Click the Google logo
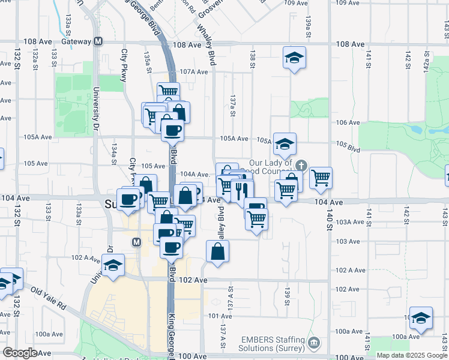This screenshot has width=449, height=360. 20,353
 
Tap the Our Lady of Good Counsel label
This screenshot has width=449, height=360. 270,167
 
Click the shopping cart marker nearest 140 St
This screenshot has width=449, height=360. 321,177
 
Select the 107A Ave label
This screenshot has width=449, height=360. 193,72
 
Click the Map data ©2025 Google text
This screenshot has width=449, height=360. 411,355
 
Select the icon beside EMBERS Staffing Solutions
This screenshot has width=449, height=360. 313,344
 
